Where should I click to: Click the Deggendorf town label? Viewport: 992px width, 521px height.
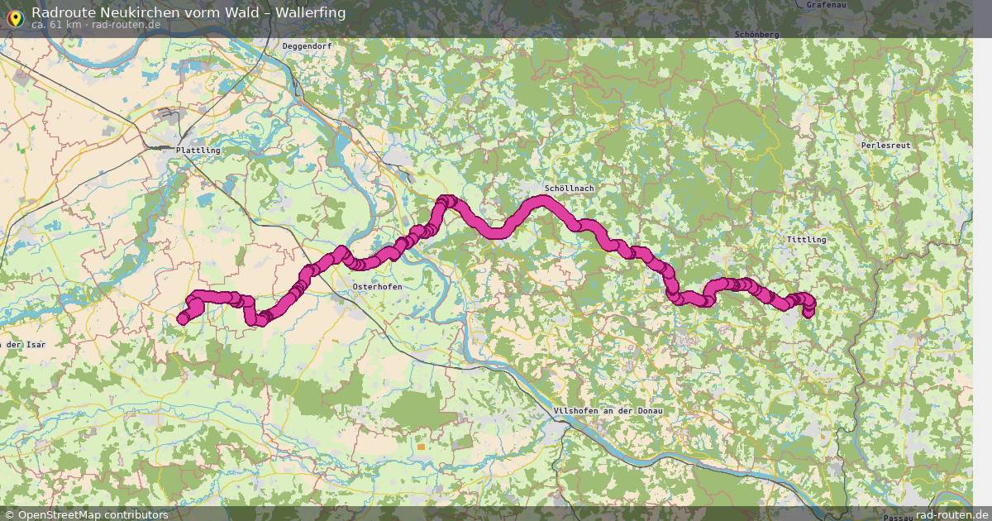(x=307, y=46)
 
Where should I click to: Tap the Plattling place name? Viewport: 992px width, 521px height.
(x=198, y=151)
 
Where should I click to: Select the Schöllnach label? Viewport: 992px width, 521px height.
(x=570, y=189)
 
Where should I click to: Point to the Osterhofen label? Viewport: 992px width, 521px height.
(x=377, y=286)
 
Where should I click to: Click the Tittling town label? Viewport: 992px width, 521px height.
(x=806, y=240)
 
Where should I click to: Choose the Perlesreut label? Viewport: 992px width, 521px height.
(x=885, y=145)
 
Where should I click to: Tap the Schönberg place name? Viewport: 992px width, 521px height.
(x=756, y=35)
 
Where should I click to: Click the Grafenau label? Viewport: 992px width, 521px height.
(x=827, y=5)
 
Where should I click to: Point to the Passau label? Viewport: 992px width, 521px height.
(x=897, y=517)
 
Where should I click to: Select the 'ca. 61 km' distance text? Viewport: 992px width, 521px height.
(x=56, y=25)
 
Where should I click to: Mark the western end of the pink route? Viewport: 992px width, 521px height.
(x=183, y=319)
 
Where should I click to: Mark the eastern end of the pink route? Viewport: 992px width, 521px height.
(x=808, y=312)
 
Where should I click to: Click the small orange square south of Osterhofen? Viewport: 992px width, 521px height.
(x=421, y=447)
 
